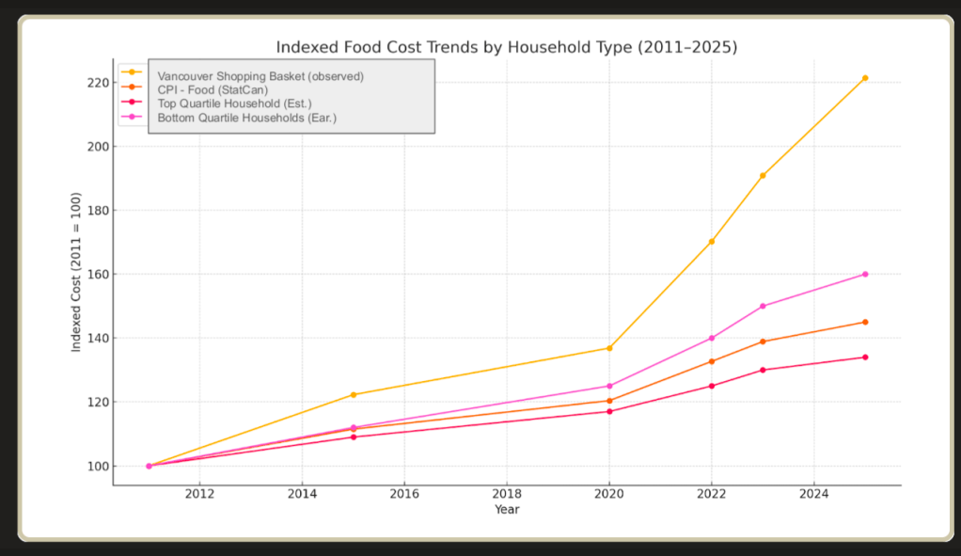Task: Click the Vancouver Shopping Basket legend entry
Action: tap(260, 75)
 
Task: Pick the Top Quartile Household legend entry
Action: tap(234, 103)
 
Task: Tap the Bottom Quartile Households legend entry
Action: tap(246, 118)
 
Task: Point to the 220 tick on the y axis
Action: tap(98, 83)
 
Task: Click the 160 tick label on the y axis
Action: tap(98, 275)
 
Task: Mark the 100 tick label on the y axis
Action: tap(98, 467)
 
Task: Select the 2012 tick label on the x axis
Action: tap(199, 493)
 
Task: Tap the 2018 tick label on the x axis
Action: tap(507, 493)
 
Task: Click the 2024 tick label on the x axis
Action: tap(813, 493)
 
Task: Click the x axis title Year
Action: tap(507, 510)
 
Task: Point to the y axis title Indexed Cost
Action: tap(76, 272)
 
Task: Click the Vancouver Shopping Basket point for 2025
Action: tap(865, 78)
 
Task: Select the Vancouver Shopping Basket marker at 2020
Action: tap(609, 348)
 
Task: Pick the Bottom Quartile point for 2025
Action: tap(865, 274)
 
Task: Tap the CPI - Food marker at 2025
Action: tap(865, 322)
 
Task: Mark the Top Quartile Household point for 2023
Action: tap(763, 370)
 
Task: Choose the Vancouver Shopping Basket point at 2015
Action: tap(354, 394)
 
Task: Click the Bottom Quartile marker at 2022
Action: tap(712, 338)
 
